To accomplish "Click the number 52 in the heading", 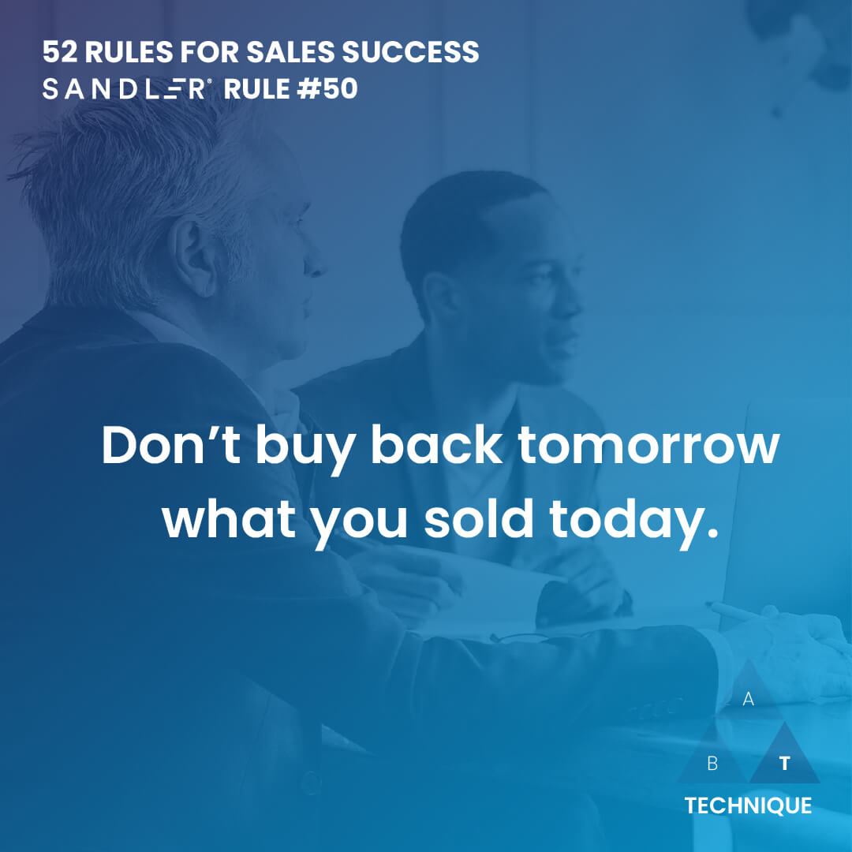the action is coord(60,52).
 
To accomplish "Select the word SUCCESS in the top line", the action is coord(410,52).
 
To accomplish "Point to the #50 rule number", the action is coord(327,89).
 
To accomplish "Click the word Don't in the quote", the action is coord(171,446).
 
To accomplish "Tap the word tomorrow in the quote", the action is coord(648,446).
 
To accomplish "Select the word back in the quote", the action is coord(436,445).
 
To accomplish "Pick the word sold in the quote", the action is coord(479,518).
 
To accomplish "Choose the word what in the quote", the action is coord(229,518).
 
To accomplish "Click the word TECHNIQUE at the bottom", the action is coord(748,805).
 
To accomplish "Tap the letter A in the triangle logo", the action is coord(748,699).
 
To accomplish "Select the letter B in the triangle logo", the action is coord(712,764).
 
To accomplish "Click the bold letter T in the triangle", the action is coord(785,764).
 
